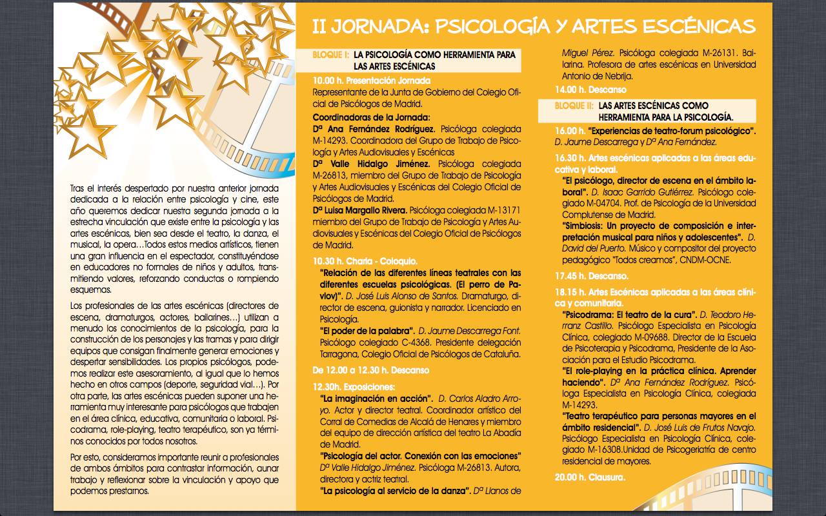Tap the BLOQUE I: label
coord(330,55)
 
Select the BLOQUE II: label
coord(574,105)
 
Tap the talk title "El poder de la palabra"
coord(368,331)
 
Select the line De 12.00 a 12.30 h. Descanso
coord(370,370)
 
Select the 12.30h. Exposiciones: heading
coord(353,386)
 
